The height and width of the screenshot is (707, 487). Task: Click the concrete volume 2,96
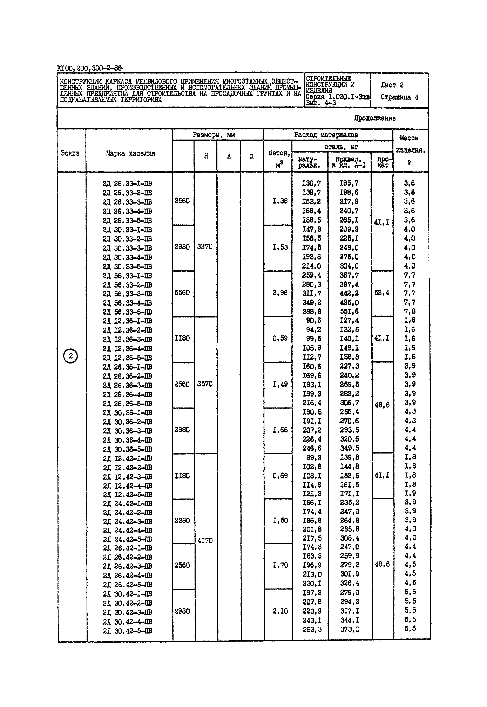(x=280, y=293)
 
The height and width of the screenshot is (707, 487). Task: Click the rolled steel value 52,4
(x=382, y=293)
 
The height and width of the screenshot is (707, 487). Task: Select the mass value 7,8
(x=410, y=311)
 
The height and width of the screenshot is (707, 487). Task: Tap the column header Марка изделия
(x=131, y=153)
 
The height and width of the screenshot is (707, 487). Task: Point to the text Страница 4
(x=399, y=97)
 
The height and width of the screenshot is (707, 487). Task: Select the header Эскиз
(x=70, y=153)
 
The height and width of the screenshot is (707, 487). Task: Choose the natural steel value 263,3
(x=312, y=629)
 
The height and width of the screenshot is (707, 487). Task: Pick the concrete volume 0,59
(x=280, y=339)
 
